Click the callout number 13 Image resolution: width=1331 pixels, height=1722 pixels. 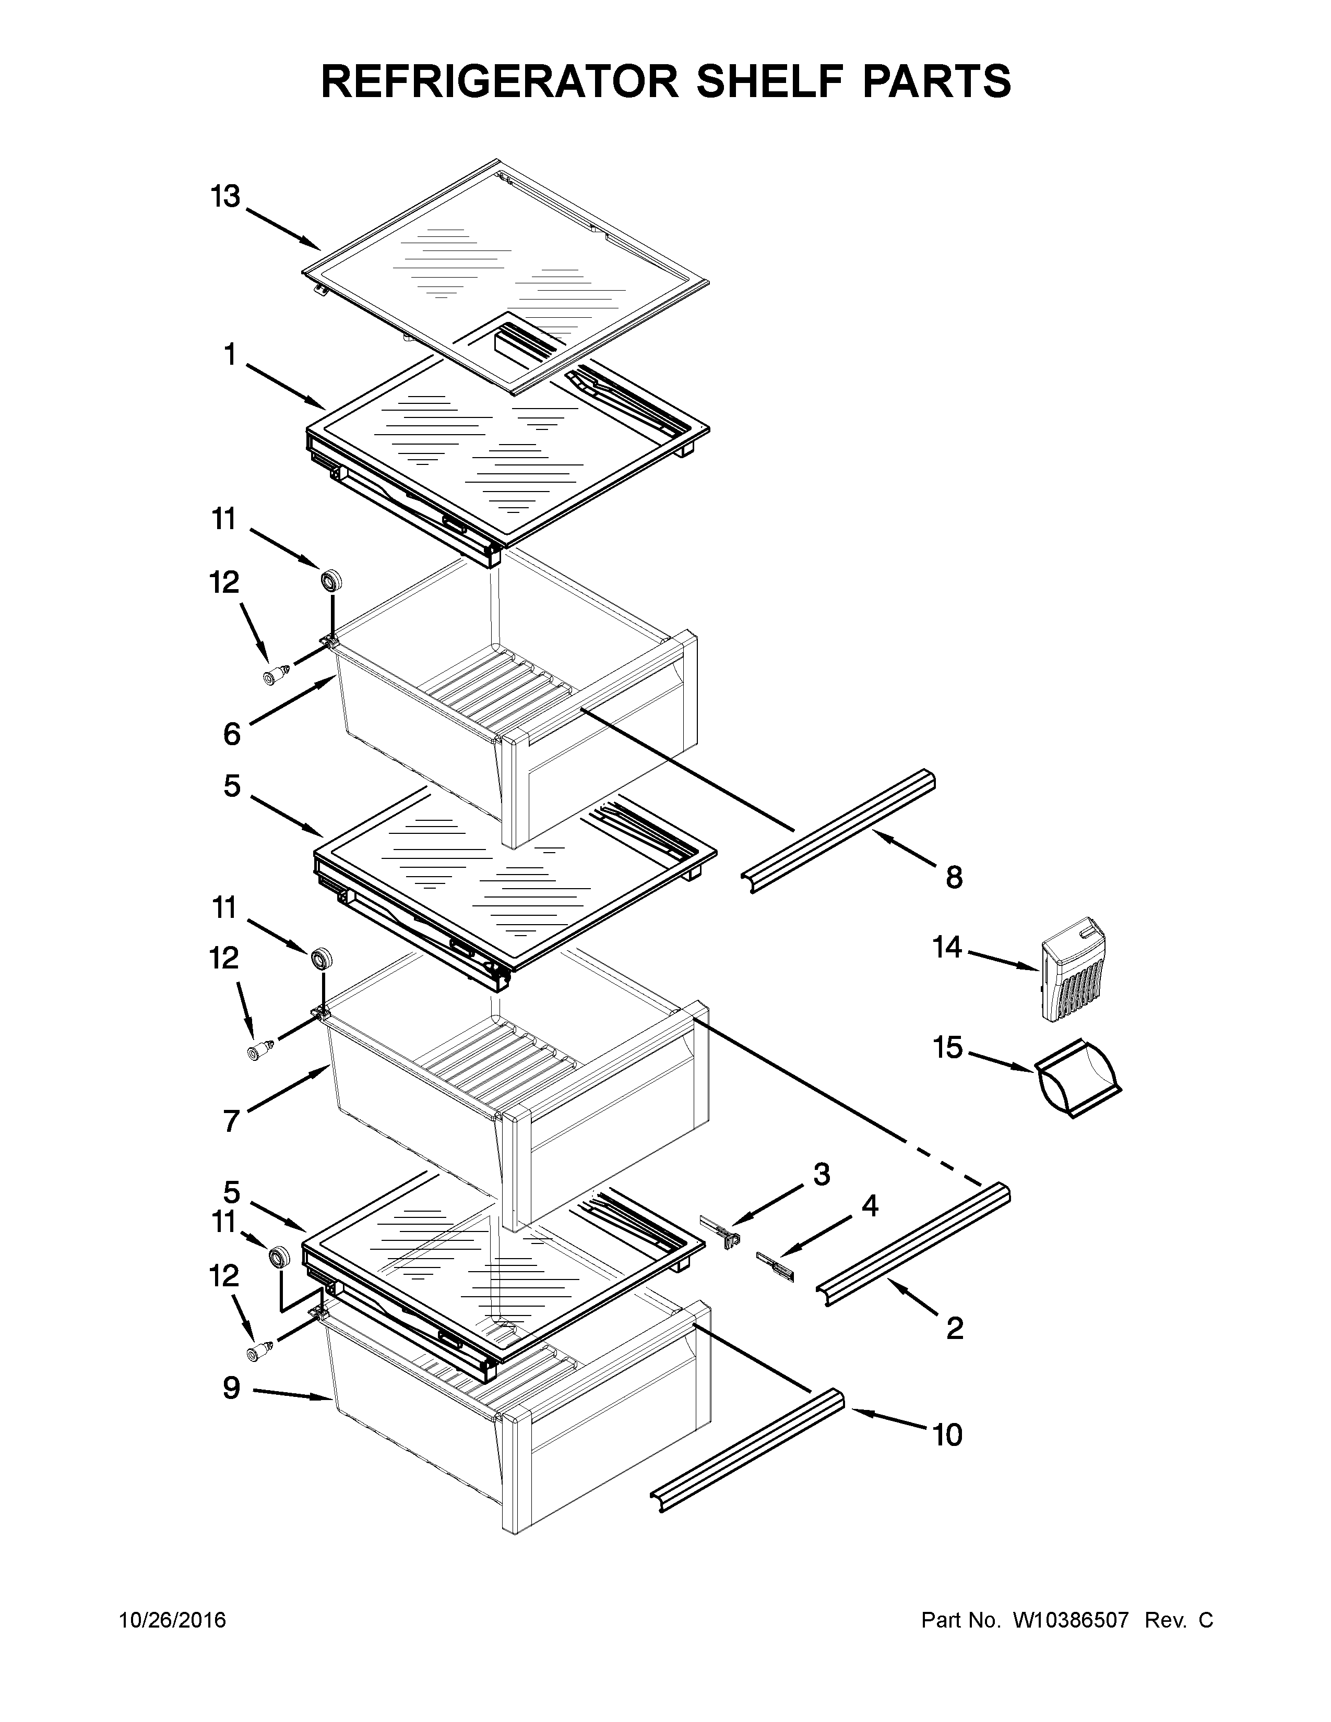[x=225, y=197]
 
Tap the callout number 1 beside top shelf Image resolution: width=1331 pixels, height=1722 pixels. [x=230, y=355]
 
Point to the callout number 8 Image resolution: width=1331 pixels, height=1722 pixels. [x=954, y=877]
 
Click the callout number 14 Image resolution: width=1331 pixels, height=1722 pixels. [x=948, y=947]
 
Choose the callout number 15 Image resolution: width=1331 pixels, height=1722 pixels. [x=948, y=1048]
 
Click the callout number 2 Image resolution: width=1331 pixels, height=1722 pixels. [x=954, y=1329]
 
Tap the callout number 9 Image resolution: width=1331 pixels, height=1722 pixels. [x=231, y=1388]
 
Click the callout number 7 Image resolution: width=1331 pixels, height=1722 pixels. [x=231, y=1120]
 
